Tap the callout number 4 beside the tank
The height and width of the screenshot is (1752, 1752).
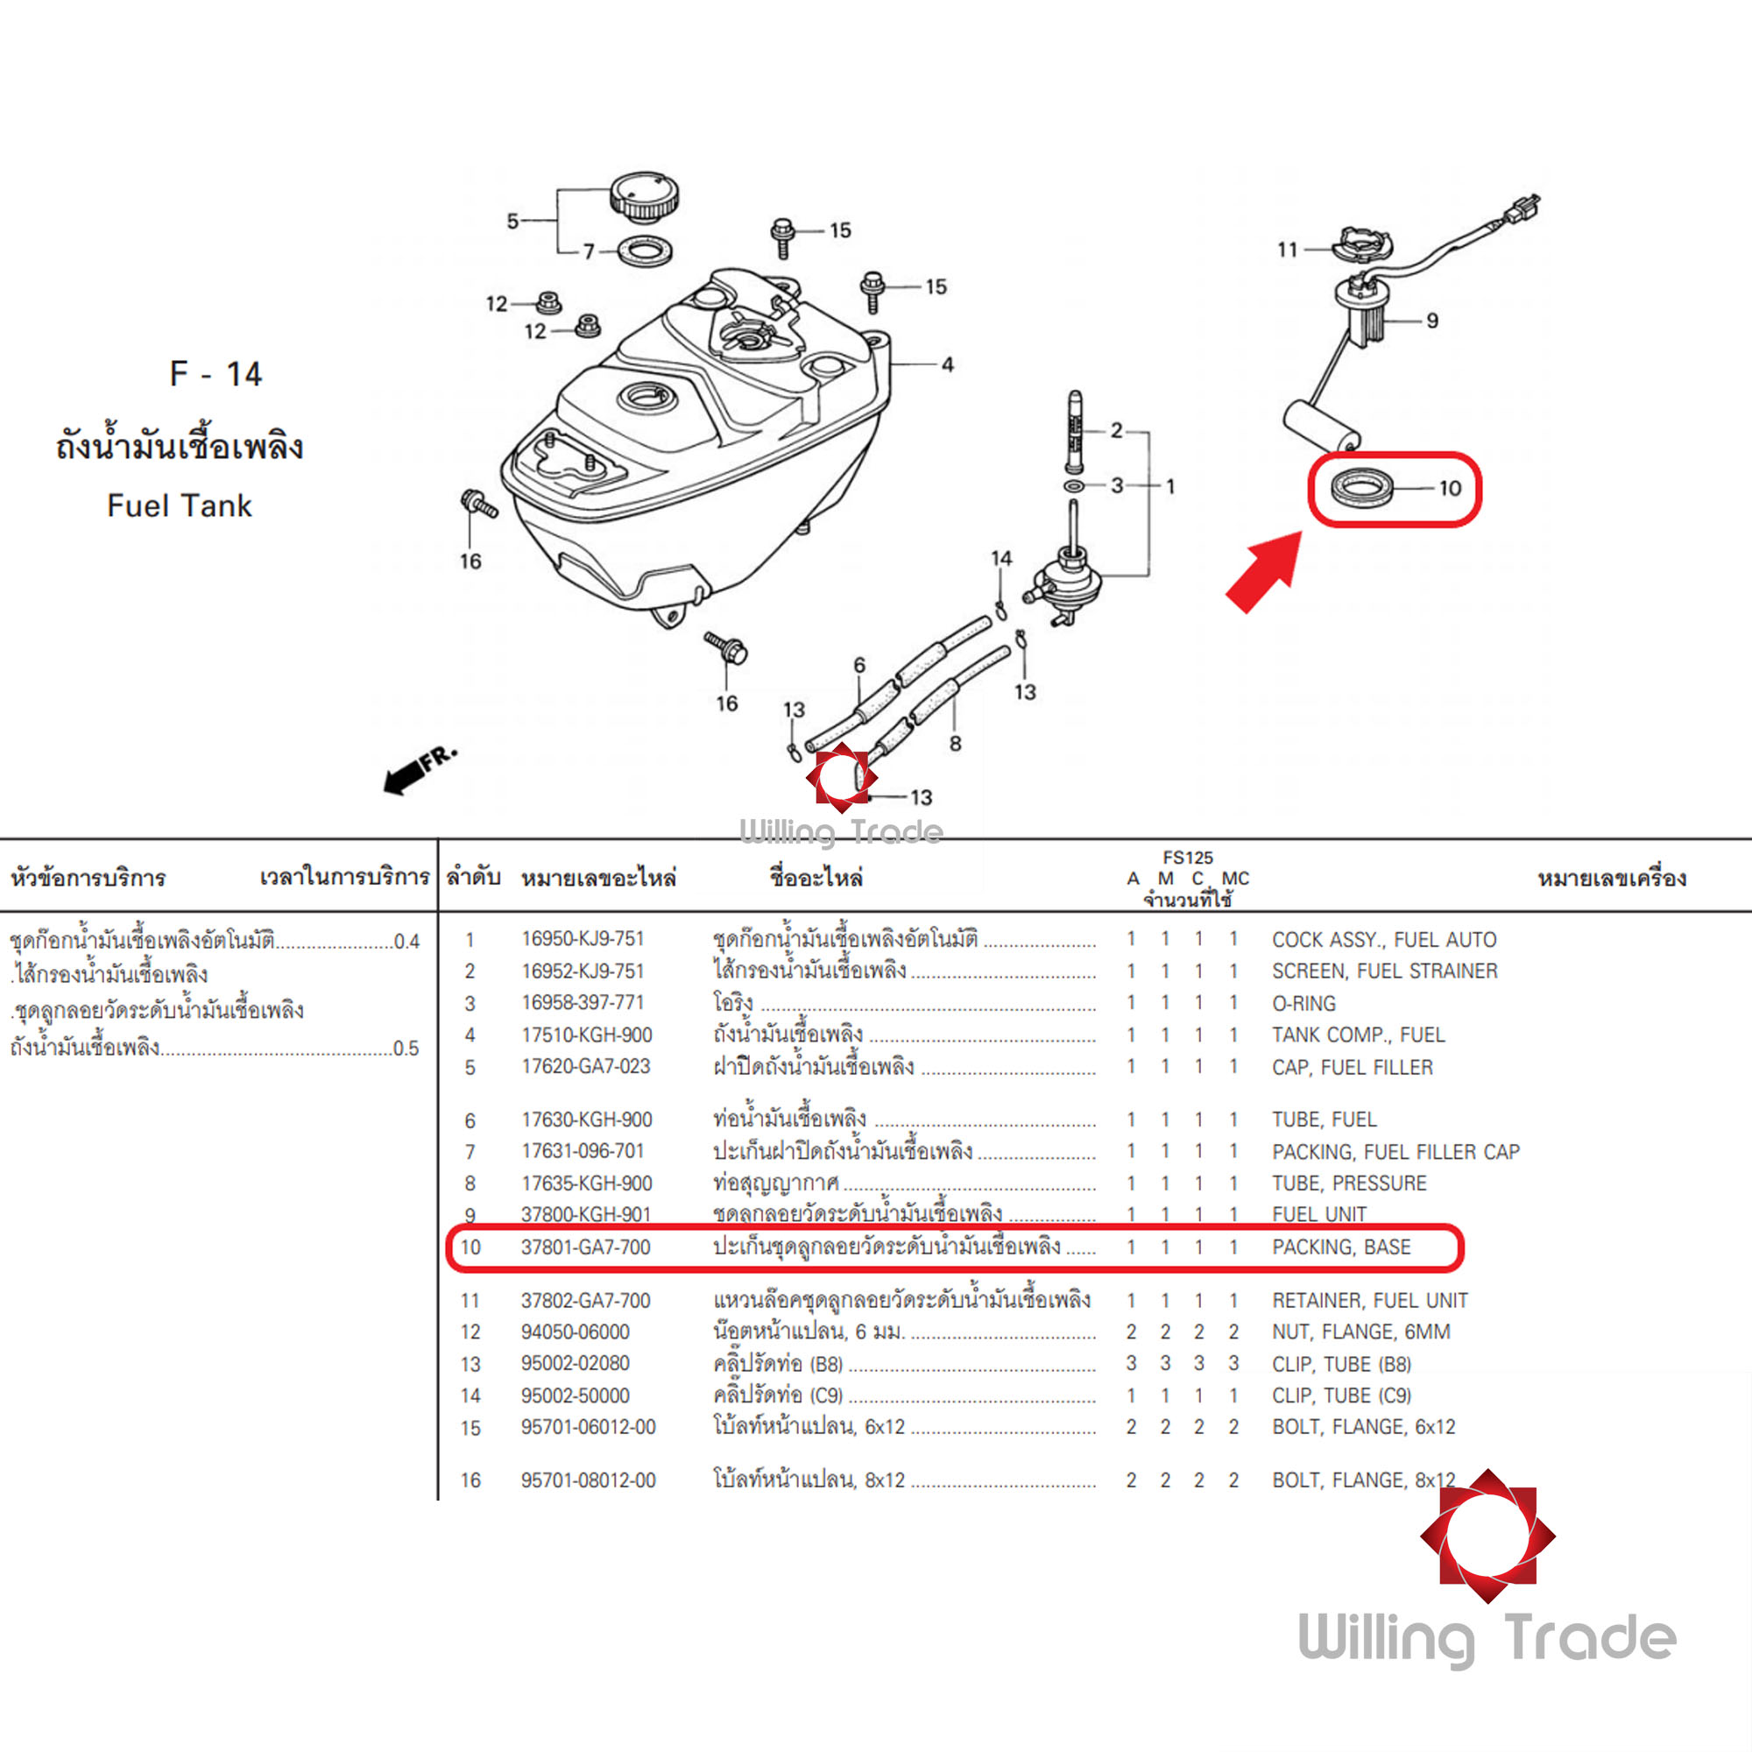point(948,364)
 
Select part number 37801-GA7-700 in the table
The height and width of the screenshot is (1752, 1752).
point(586,1247)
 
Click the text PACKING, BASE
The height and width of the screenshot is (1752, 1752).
point(1341,1247)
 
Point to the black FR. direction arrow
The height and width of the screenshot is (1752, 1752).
point(419,771)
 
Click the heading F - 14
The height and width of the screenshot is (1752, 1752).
point(215,374)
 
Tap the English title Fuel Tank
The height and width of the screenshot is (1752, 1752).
point(179,506)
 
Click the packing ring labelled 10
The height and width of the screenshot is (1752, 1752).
point(1362,487)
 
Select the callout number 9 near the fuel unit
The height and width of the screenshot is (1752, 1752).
point(1433,320)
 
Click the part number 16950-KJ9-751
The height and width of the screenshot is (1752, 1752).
point(583,939)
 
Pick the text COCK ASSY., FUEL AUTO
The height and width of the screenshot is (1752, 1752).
point(1384,940)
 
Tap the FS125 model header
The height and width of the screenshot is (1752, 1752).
point(1188,858)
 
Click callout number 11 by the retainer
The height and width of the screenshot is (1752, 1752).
point(1288,250)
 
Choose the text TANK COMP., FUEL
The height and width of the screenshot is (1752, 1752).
point(1358,1035)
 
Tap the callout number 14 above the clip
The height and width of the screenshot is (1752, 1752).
point(1001,559)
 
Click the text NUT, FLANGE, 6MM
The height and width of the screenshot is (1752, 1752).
point(1360,1332)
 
